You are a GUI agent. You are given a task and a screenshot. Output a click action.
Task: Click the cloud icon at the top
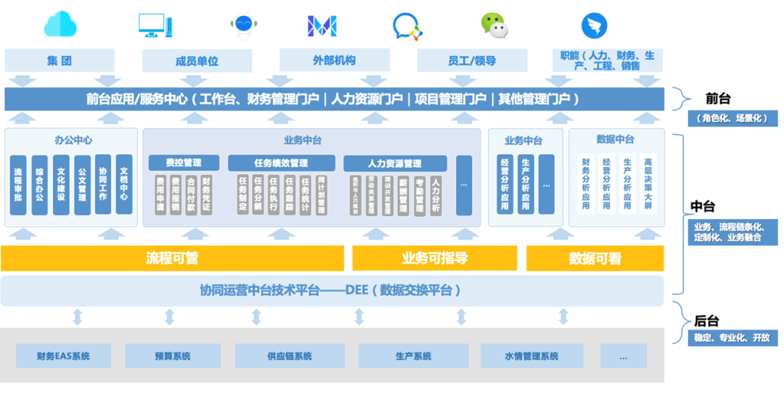coord(60,25)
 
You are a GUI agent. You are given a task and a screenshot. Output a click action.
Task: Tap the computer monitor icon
coord(155,25)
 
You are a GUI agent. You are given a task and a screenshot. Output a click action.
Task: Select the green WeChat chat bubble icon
coord(494,25)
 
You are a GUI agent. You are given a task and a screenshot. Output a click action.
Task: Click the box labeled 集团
coord(60,61)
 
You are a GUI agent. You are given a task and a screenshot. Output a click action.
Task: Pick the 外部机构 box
coord(334,60)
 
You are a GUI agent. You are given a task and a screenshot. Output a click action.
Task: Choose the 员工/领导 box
coord(472,61)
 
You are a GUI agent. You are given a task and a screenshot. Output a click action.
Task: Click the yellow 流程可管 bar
coord(172,258)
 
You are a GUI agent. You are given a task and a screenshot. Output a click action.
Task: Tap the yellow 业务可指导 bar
coord(434,258)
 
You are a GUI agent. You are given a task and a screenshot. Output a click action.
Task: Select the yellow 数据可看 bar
coord(595,258)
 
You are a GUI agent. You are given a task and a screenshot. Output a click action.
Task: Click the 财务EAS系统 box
coord(64,356)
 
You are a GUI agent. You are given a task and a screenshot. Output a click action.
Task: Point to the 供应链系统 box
coord(289,356)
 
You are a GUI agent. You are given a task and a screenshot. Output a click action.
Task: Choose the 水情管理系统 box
coord(531,356)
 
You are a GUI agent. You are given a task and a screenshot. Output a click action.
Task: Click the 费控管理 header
coord(184,163)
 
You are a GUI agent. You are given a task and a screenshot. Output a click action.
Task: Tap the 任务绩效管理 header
coord(281,163)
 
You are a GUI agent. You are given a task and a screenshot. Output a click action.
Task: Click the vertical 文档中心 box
coord(124,184)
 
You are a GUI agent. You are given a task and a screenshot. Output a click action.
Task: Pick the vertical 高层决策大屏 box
coord(648,184)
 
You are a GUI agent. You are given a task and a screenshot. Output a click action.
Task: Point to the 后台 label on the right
coord(706,321)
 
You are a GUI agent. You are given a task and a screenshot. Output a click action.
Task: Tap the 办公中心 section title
coord(73,140)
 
